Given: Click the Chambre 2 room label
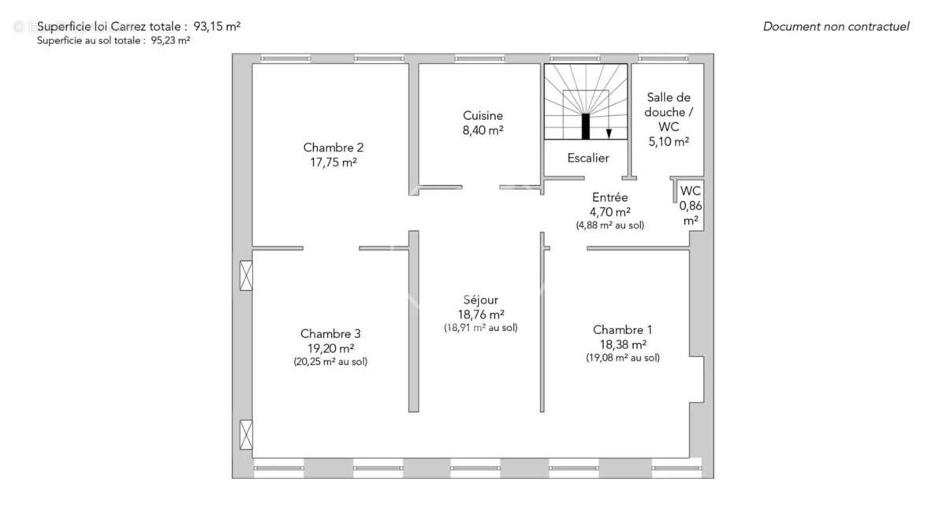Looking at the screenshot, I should click(x=333, y=147).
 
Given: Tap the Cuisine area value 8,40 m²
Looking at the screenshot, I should click(x=483, y=131).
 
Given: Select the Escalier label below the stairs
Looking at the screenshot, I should click(x=588, y=158).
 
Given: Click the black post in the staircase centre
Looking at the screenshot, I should click(x=586, y=126).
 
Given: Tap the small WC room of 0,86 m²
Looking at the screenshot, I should click(x=691, y=205).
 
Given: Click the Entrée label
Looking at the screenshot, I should click(x=609, y=197).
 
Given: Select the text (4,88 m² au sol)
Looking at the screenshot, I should click(x=609, y=225).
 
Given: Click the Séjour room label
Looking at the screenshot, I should click(x=481, y=299).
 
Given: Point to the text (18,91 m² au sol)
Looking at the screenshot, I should click(x=481, y=328).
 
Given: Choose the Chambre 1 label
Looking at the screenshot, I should click(x=623, y=329).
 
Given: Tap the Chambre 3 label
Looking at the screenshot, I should click(x=330, y=333).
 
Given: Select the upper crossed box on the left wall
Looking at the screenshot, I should click(x=247, y=275).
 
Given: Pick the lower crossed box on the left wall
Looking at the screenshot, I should click(x=247, y=435).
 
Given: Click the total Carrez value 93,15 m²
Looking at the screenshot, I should click(x=217, y=26).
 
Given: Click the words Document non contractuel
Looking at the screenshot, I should click(x=836, y=27).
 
